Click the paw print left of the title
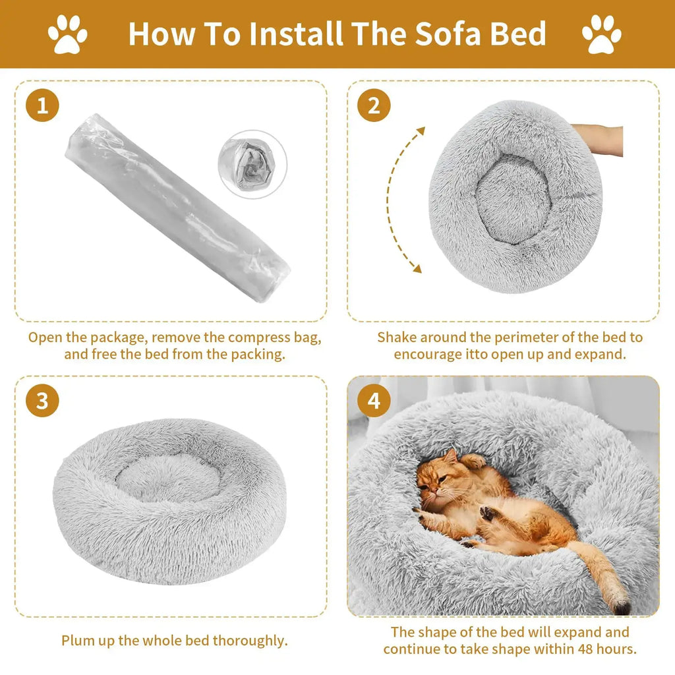[x=67, y=34]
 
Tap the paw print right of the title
[x=602, y=34]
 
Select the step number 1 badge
[x=42, y=105]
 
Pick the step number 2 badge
[x=374, y=105]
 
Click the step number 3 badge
[x=42, y=401]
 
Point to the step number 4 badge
[x=374, y=401]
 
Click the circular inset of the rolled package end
[x=252, y=164]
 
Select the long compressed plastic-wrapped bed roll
[x=177, y=208]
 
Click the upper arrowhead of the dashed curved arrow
[x=420, y=131]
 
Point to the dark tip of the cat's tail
[x=622, y=608]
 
